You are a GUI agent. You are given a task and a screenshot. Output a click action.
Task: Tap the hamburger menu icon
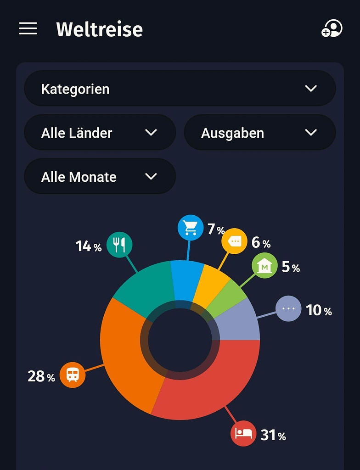(28, 28)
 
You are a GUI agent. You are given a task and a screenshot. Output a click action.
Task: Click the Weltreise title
(99, 29)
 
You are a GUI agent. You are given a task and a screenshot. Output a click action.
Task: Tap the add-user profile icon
(332, 28)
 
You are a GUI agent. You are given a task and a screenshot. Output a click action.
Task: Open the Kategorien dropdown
(180, 89)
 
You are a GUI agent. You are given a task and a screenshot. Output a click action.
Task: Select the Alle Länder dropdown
(100, 133)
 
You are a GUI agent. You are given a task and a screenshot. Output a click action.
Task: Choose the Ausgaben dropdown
(259, 133)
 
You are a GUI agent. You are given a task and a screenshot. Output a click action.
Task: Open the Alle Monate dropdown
(100, 177)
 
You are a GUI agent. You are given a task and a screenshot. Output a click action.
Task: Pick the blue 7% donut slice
(186, 280)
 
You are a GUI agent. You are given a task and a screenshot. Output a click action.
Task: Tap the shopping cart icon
(190, 228)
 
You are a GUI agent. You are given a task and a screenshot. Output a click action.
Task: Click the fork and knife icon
(119, 245)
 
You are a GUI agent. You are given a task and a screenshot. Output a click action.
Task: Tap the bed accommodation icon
(243, 433)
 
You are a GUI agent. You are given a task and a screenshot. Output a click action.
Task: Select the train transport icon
(73, 375)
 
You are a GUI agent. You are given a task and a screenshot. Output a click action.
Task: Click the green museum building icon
(264, 266)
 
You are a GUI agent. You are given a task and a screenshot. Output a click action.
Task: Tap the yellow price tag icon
(234, 241)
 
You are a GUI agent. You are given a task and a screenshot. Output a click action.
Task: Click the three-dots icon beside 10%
(288, 308)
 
